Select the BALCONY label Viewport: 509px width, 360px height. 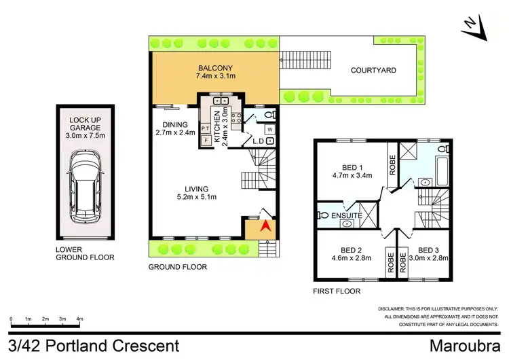tap(215, 69)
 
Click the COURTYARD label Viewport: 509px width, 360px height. tap(373, 70)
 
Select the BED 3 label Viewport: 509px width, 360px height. tap(430, 249)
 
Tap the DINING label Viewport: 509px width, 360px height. tap(174, 124)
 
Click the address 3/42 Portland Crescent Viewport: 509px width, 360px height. tap(96, 346)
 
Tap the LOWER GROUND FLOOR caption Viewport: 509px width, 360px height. tap(85, 253)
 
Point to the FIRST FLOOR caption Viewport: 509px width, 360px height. tap(337, 291)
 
